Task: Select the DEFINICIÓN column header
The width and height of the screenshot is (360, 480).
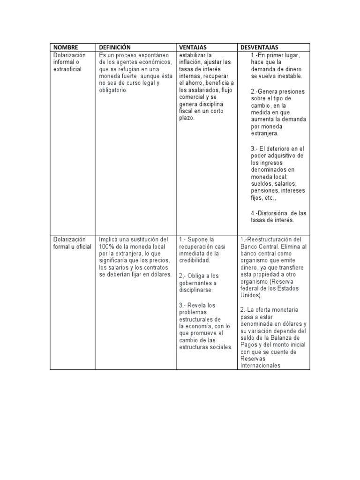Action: [115, 47]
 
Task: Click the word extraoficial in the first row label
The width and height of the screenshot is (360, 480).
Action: [67, 69]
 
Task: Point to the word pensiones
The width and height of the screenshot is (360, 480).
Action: [265, 191]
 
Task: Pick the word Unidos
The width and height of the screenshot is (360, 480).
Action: [250, 295]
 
